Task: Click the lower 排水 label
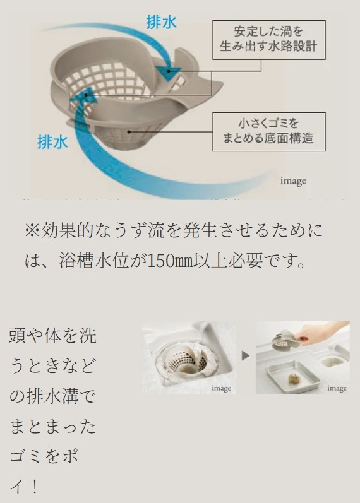[x=52, y=141]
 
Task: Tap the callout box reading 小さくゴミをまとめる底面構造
[x=268, y=131]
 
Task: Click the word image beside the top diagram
[x=293, y=181]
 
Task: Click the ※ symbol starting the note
[x=32, y=230]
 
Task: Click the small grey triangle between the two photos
[x=246, y=356]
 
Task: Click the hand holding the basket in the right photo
[x=316, y=333]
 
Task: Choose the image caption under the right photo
[x=337, y=388]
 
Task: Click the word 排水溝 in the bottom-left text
[x=61, y=397]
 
